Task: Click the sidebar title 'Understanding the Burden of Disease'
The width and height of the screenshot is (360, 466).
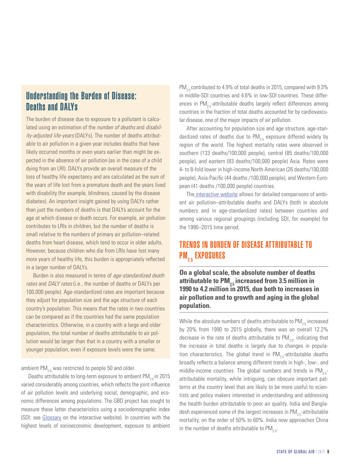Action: (x=80, y=95)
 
